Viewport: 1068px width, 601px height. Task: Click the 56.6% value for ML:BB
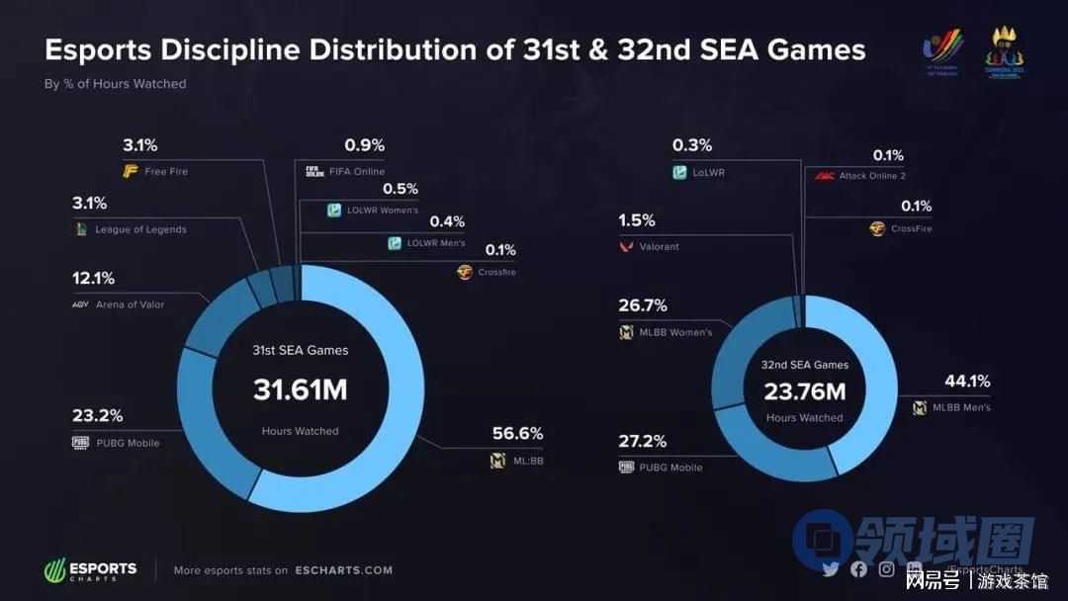[x=517, y=434]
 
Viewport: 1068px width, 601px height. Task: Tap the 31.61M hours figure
[x=300, y=389]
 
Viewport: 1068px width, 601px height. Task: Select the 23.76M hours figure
[x=804, y=390]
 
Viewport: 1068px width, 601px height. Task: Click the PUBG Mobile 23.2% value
[x=97, y=416]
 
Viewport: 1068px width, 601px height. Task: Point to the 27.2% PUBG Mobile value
[x=642, y=441]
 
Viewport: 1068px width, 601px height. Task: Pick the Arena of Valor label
[x=130, y=304]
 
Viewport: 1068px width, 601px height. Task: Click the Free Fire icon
[x=130, y=171]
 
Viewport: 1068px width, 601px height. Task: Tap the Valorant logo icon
[x=625, y=246]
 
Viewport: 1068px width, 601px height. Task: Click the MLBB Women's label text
[x=675, y=332]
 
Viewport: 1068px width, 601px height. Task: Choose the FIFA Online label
[x=357, y=171]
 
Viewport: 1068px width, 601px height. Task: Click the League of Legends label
[x=140, y=229]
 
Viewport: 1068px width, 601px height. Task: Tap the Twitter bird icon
[x=831, y=568]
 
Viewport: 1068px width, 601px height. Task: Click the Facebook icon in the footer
[x=858, y=568]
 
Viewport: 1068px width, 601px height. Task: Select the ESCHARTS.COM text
[x=343, y=570]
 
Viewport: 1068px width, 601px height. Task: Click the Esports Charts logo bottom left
[x=90, y=570]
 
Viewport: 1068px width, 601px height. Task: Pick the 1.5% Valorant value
[x=636, y=219]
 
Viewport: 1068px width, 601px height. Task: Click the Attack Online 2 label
[x=871, y=176]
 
